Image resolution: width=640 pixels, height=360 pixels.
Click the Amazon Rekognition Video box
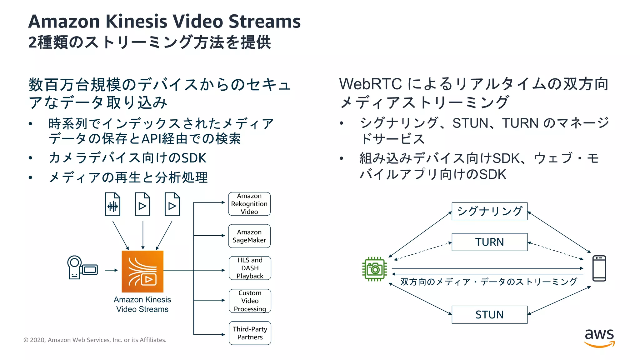coord(249,204)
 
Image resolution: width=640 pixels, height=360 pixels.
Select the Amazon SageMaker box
coord(249,236)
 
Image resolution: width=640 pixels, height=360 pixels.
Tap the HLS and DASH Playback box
coord(250,268)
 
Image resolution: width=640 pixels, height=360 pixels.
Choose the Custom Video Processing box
coord(250,301)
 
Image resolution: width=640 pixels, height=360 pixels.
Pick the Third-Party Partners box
coord(250,333)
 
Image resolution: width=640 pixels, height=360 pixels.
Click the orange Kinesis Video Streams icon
coord(142,271)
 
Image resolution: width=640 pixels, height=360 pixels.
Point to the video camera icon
coord(82,267)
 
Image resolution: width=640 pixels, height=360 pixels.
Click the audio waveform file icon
coord(112,204)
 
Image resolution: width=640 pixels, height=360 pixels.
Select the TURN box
coord(489,242)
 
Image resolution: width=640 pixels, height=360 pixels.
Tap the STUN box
coord(489,314)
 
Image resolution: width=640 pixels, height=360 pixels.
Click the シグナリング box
coord(489,211)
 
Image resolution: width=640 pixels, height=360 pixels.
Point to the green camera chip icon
coord(374,269)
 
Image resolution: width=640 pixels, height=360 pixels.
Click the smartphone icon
coord(599,268)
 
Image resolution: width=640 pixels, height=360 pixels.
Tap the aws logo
coord(599,337)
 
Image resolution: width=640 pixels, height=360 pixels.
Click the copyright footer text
coord(95,340)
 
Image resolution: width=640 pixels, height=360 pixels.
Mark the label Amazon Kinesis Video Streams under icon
coord(142,304)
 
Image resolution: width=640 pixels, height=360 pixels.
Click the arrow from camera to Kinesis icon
coord(111,270)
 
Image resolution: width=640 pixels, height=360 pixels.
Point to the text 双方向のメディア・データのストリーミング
coord(488,282)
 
